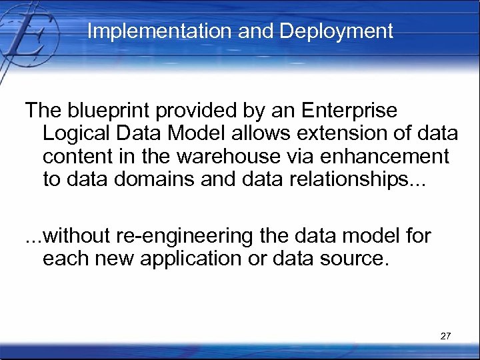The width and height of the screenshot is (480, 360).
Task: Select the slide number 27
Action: coord(446,336)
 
